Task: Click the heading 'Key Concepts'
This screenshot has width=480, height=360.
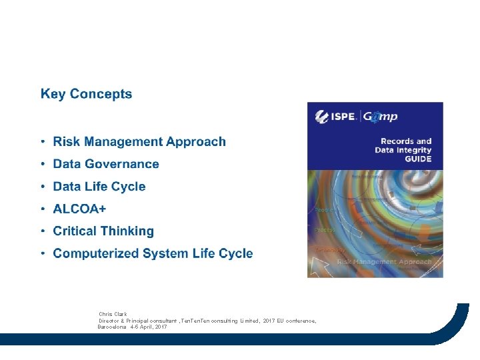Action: (x=86, y=94)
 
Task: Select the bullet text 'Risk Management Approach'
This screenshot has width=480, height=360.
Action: (x=139, y=141)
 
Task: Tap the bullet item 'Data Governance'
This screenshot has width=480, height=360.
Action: (x=106, y=164)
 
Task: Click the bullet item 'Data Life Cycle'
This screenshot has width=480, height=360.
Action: (x=99, y=187)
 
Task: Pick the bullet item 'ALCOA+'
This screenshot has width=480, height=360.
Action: (x=79, y=209)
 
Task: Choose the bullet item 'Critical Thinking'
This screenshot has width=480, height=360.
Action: (x=103, y=231)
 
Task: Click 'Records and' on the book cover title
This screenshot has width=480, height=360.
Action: (x=406, y=141)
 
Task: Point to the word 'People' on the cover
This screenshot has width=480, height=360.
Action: (x=325, y=210)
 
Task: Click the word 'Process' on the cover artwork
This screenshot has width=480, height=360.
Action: (x=325, y=230)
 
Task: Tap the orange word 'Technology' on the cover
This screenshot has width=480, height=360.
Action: (x=329, y=250)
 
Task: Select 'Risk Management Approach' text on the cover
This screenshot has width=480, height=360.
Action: (x=385, y=262)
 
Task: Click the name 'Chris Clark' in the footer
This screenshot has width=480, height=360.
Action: (x=113, y=314)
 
